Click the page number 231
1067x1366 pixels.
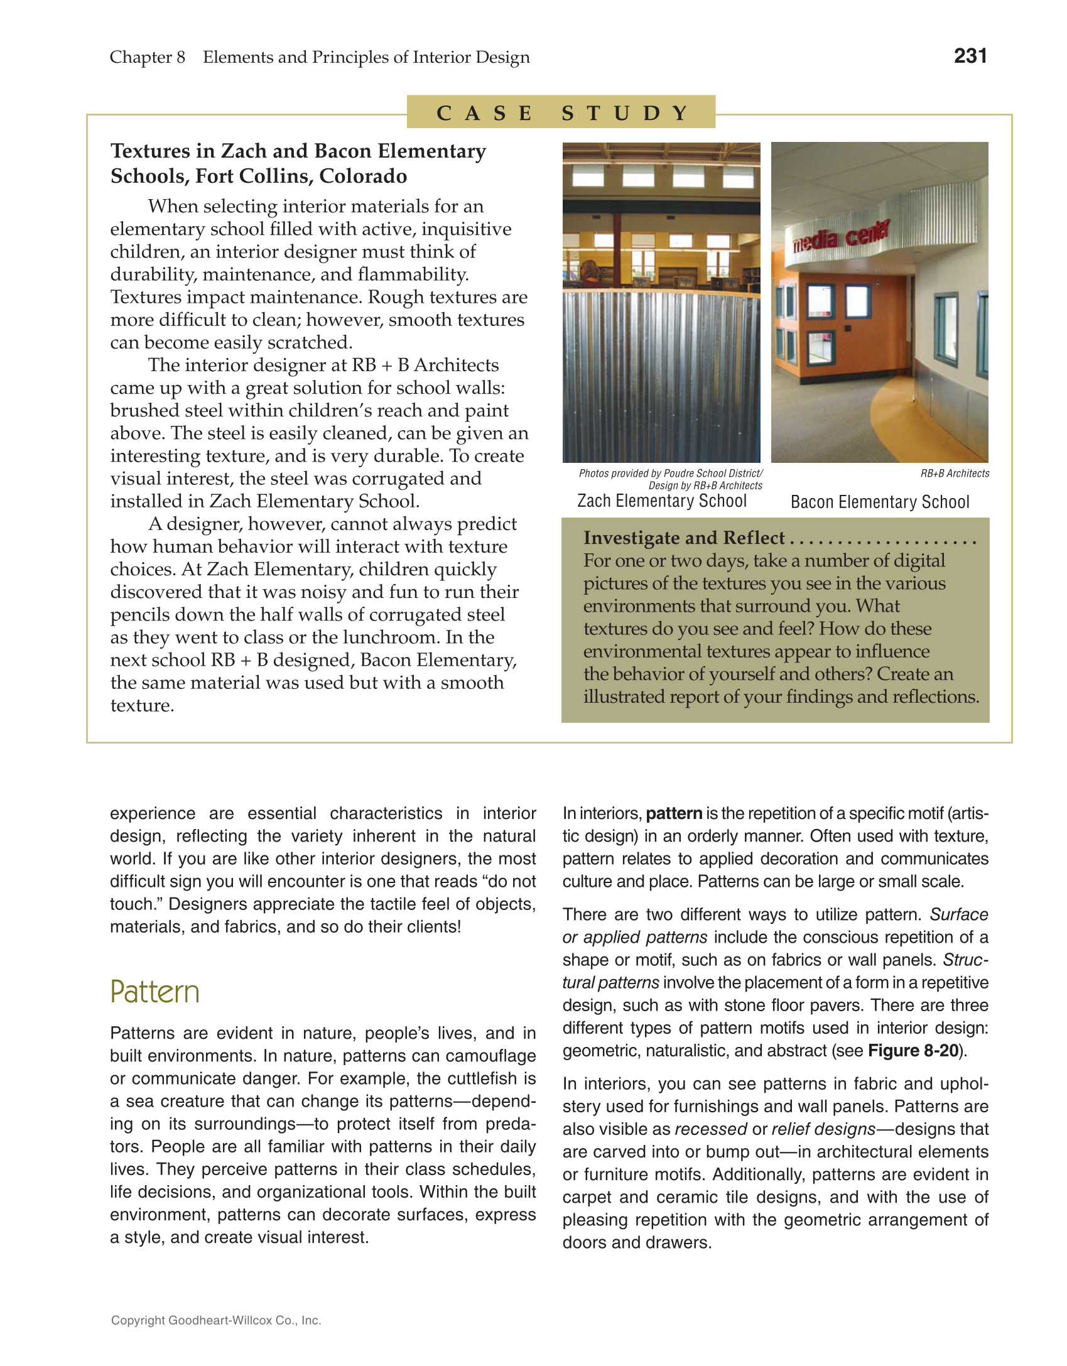pyautogui.click(x=970, y=56)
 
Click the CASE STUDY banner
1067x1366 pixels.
pyautogui.click(x=561, y=112)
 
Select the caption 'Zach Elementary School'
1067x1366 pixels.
pyautogui.click(x=661, y=501)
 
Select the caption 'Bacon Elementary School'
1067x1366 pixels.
pyautogui.click(x=879, y=502)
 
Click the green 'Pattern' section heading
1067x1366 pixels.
pyautogui.click(x=154, y=992)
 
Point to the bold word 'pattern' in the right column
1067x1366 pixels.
pyautogui.click(x=673, y=814)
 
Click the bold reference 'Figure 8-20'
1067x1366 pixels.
pyautogui.click(x=913, y=1051)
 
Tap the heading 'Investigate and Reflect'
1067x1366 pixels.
pyautogui.click(x=683, y=538)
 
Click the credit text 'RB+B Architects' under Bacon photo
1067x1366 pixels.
pyautogui.click(x=954, y=474)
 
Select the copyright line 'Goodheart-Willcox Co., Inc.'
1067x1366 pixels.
pyautogui.click(x=215, y=1320)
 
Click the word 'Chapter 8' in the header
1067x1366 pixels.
pyautogui.click(x=147, y=57)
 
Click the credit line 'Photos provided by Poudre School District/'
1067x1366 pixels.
pyautogui.click(x=670, y=474)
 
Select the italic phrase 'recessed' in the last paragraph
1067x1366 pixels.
pyautogui.click(x=710, y=1129)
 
